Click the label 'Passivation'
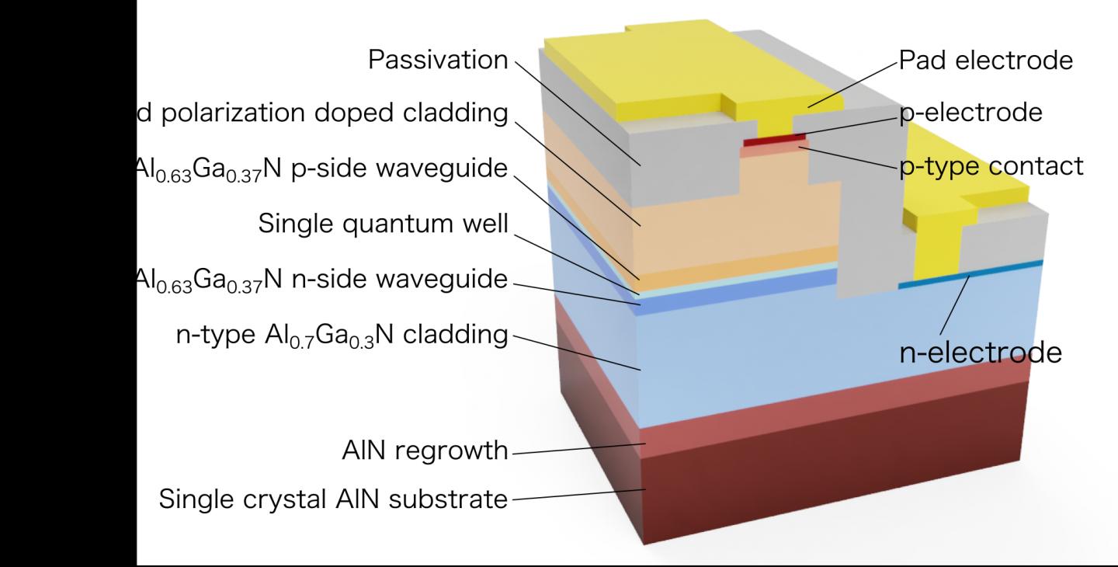(437, 61)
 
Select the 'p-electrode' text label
(970, 113)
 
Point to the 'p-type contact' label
(991, 165)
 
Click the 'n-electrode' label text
(980, 353)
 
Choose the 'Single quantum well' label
(383, 224)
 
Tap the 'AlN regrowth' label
(424, 450)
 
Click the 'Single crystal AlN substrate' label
(333, 499)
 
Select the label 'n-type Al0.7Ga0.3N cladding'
(342, 336)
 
